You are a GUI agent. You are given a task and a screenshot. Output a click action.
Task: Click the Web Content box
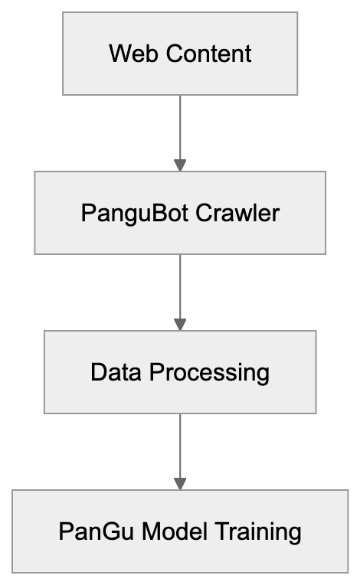(180, 54)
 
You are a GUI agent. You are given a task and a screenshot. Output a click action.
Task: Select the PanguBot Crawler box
(180, 213)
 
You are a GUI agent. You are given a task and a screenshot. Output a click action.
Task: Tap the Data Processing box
(180, 372)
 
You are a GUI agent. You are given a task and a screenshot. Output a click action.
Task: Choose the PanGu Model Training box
(180, 531)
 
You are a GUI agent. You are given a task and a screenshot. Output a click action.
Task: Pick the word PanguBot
(124, 213)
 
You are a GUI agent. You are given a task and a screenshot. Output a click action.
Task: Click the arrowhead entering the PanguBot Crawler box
(180, 165)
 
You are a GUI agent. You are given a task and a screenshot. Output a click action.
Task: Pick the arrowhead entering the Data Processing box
(180, 325)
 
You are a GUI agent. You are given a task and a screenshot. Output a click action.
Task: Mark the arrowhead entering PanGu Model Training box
(180, 484)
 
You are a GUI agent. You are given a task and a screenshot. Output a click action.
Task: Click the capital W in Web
(117, 54)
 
